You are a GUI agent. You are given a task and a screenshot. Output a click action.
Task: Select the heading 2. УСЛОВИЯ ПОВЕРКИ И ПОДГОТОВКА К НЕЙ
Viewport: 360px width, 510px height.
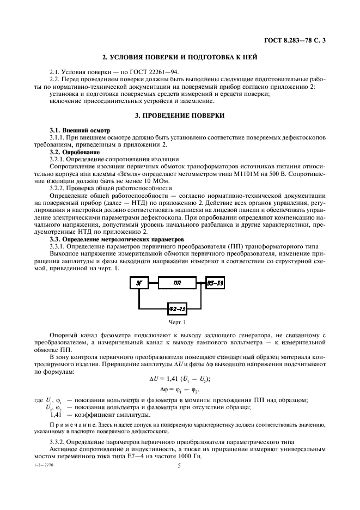180,58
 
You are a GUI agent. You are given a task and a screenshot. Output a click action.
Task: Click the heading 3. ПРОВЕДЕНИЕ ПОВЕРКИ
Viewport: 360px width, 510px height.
180,116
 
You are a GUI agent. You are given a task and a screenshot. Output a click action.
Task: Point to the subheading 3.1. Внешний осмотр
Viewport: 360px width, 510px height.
80,131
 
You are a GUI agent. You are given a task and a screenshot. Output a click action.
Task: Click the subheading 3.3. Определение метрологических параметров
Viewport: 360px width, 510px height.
117,239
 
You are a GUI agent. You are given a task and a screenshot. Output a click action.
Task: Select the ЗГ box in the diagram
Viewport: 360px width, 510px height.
139,282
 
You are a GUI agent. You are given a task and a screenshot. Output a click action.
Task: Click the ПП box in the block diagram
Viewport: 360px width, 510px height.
177,282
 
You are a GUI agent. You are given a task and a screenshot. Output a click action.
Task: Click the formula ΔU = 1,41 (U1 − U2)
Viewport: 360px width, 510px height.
180,379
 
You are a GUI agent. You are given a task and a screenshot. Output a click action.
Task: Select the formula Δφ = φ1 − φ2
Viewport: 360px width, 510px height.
180,390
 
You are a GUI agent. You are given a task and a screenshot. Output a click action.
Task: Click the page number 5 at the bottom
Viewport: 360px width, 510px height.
179,466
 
